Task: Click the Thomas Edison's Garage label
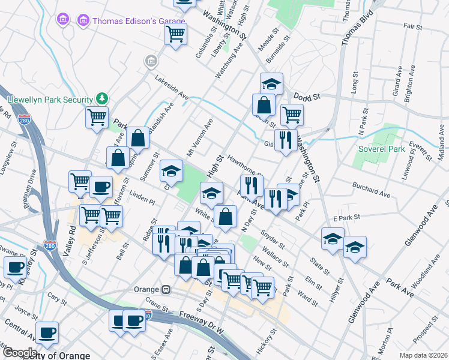pos(126,20)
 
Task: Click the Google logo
pos(20,352)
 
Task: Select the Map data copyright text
pos(423,355)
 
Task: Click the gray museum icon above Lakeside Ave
pos(151,61)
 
